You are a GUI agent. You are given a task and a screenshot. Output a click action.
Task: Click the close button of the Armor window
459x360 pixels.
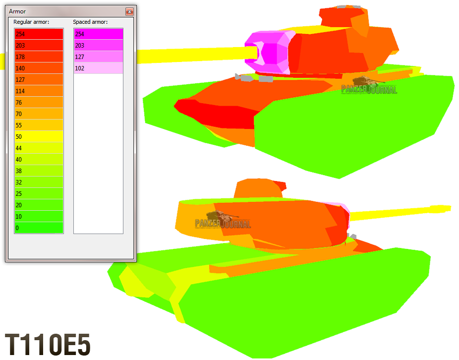point(129,11)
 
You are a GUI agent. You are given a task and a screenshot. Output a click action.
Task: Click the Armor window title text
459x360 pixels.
point(17,11)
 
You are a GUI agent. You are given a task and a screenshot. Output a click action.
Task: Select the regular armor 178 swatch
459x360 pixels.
point(39,57)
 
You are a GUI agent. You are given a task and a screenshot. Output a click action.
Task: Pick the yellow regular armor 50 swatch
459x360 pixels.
point(39,136)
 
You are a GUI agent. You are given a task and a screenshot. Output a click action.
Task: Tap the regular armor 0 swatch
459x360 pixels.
point(39,228)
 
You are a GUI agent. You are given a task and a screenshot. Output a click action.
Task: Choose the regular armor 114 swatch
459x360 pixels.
point(39,91)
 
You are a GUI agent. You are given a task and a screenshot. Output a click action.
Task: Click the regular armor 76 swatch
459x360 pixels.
point(39,103)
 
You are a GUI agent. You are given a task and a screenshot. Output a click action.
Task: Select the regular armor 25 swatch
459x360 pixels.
point(39,193)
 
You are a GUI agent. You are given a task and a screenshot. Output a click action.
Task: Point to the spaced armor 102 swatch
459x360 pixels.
point(98,68)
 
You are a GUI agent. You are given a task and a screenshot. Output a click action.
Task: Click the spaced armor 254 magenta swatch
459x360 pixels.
point(98,34)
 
